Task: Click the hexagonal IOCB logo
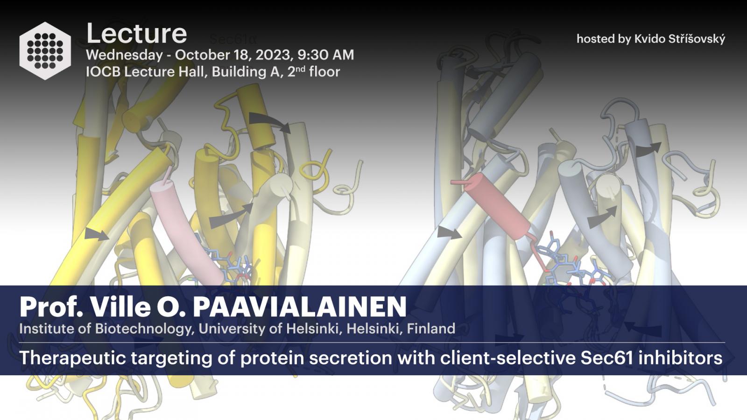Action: pyautogui.click(x=45, y=51)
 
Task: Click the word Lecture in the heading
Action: pyautogui.click(x=136, y=34)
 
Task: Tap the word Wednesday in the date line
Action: pyautogui.click(x=124, y=56)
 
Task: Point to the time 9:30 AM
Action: pyautogui.click(x=325, y=55)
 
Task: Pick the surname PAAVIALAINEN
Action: pyautogui.click(x=299, y=307)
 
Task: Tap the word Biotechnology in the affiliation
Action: pyautogui.click(x=144, y=329)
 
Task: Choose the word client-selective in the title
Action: pyautogui.click(x=508, y=357)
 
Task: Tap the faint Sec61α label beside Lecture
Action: pyautogui.click(x=233, y=40)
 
